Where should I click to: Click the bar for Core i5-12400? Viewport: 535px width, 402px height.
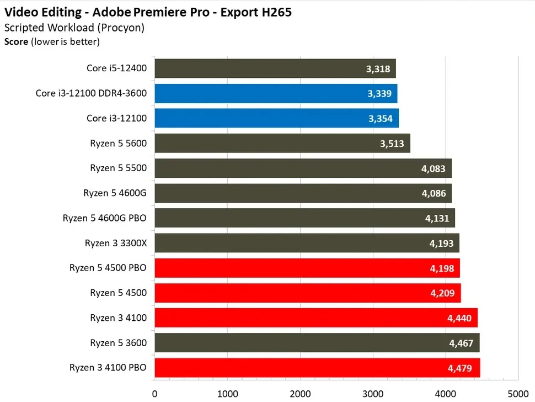pos(275,68)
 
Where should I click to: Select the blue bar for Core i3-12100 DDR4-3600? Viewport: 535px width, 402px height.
pos(276,93)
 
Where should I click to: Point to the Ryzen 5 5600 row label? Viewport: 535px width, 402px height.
pos(119,143)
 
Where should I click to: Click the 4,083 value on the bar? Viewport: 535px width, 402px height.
pos(433,168)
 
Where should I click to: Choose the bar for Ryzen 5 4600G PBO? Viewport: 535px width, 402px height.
pos(304,218)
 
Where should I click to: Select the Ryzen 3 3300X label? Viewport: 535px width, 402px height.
pos(116,243)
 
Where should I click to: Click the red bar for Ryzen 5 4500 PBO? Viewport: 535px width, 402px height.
pos(307,268)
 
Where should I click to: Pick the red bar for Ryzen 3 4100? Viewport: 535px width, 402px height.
pos(315,318)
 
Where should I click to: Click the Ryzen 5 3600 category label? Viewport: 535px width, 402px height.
pos(119,343)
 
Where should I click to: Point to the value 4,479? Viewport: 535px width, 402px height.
pos(461,368)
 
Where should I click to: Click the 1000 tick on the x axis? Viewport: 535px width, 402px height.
pos(227,394)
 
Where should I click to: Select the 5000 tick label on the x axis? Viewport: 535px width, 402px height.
pos(518,394)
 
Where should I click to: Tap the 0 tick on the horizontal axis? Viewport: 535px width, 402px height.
pos(154,394)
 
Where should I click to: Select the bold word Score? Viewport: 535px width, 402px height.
pos(16,40)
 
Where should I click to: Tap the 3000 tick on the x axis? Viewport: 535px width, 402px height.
pos(373,394)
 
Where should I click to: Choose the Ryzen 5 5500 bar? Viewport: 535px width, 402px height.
pos(303,168)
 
